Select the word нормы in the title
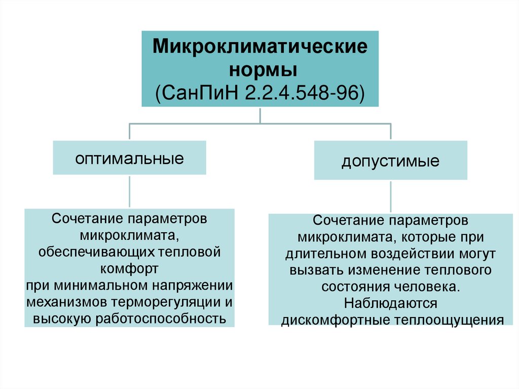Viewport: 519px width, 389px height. [x=260, y=69]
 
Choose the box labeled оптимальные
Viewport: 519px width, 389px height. [x=130, y=158]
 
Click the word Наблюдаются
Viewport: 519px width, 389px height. [x=390, y=303]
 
